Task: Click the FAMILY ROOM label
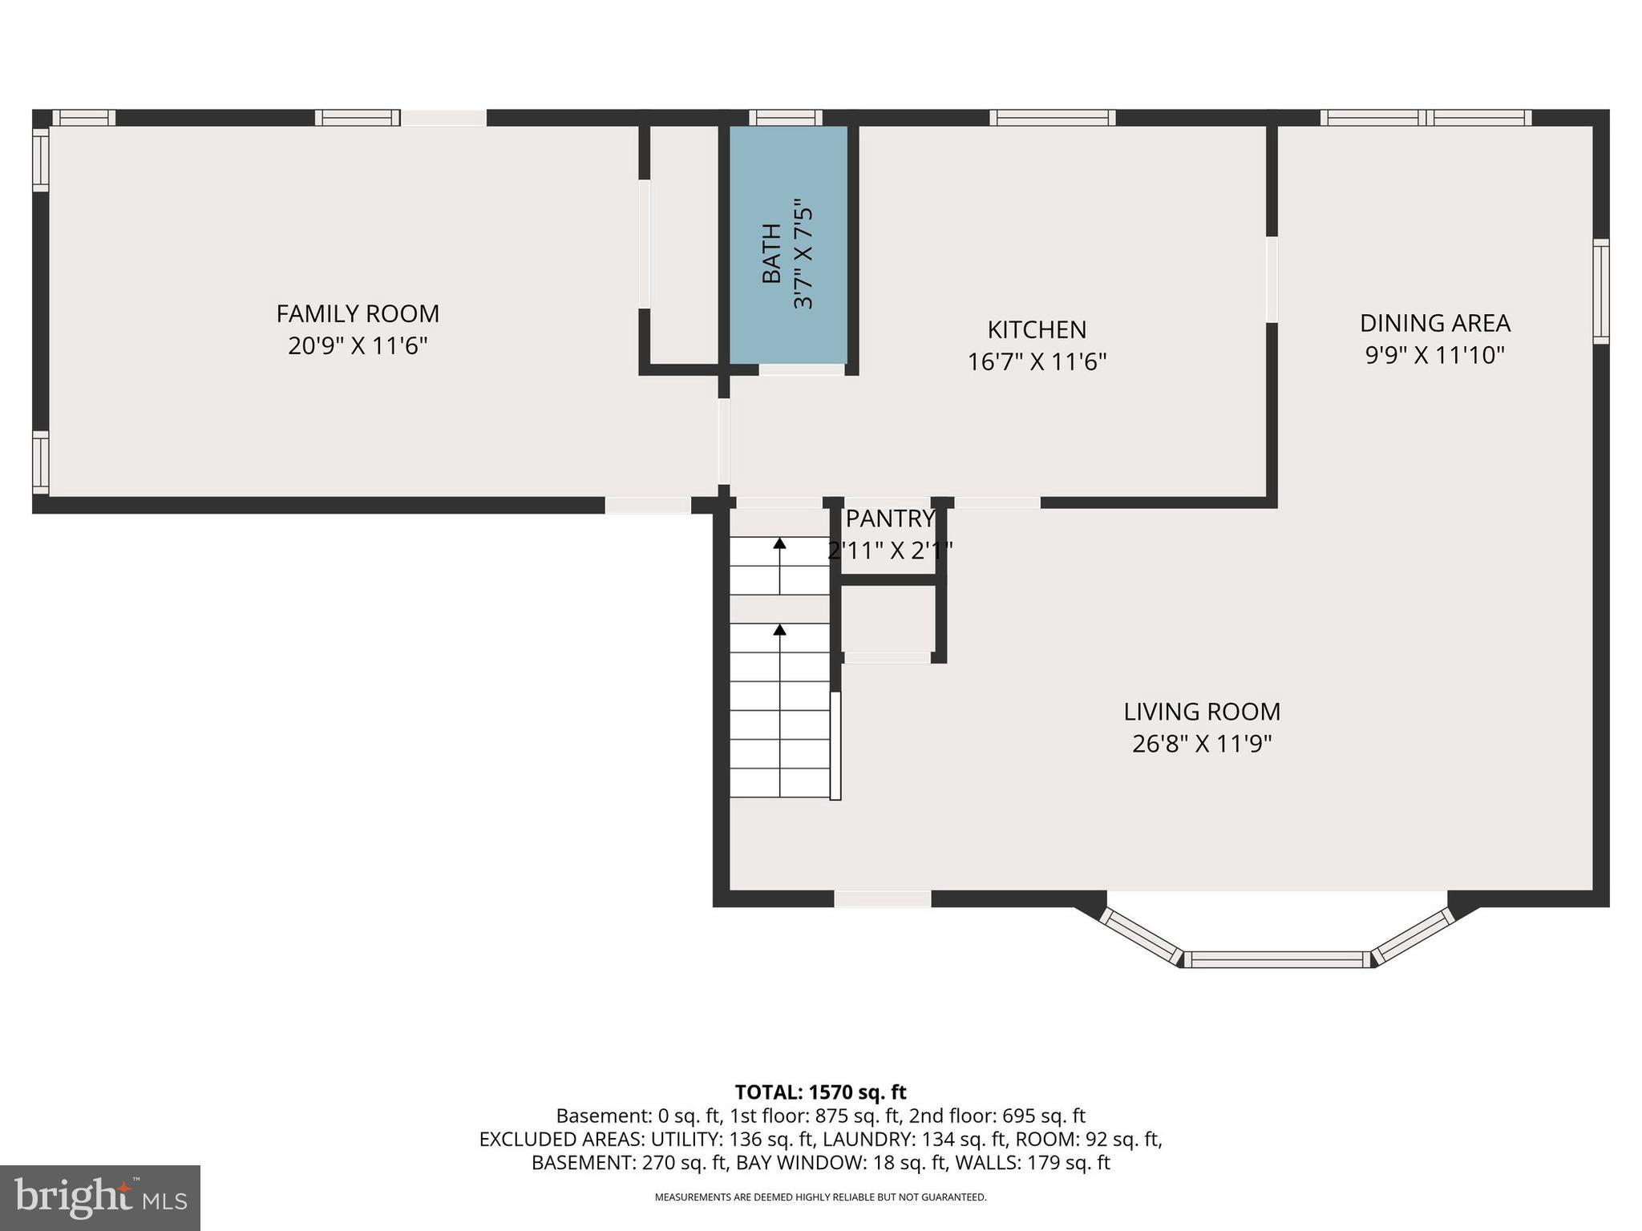coord(358,313)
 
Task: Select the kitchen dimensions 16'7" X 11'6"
coord(1037,362)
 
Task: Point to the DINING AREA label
coord(1434,323)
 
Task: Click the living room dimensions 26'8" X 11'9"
coord(1201,745)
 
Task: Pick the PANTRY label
coord(890,519)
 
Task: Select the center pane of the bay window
coord(1276,959)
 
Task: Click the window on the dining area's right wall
coord(1600,291)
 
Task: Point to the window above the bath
coord(786,118)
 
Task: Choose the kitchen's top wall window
coord(1052,118)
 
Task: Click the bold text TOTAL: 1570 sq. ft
coord(820,1092)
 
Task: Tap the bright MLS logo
coord(100,1198)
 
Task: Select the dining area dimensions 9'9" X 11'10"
coord(1434,355)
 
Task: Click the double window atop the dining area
coord(1426,118)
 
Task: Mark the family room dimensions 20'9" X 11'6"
coord(358,346)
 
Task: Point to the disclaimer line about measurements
coord(820,1197)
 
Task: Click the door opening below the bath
coord(802,370)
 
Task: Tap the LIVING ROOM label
coord(1201,712)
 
